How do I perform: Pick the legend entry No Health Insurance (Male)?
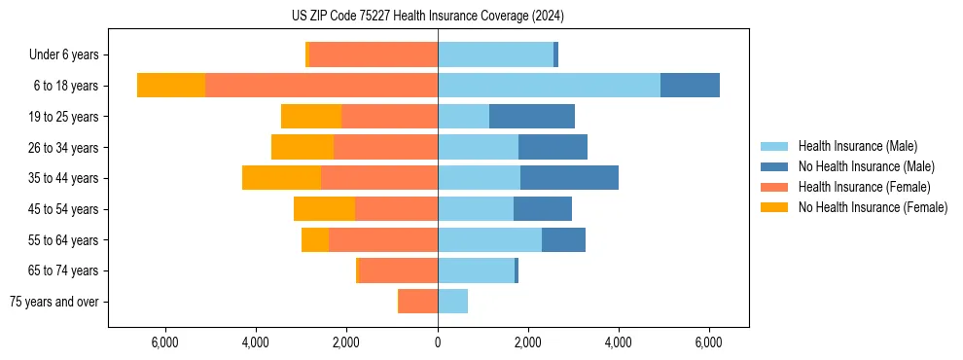pos(859,166)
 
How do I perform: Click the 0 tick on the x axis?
pos(438,342)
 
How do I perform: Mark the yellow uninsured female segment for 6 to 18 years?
pos(171,86)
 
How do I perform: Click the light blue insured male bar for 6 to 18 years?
pos(549,86)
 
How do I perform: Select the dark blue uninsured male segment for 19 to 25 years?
pos(532,117)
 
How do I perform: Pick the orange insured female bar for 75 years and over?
pos(418,302)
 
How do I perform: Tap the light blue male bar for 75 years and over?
pos(452,302)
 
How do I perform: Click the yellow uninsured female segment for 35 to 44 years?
pos(281,178)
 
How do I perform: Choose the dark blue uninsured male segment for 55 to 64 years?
pos(563,239)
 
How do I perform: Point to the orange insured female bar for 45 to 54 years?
pos(396,209)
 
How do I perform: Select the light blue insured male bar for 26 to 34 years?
pos(478,147)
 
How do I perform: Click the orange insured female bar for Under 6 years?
pos(374,55)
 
